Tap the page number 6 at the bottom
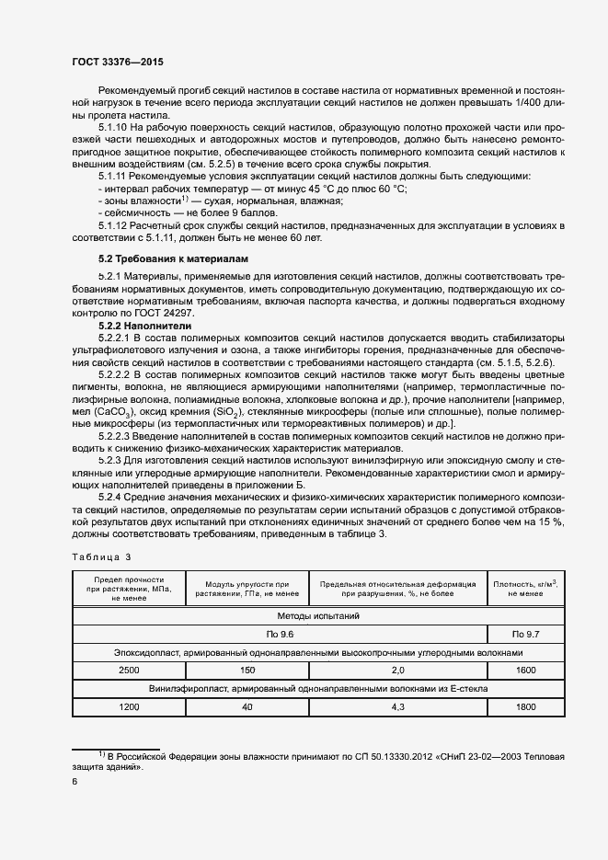[x=75, y=780]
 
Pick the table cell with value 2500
[x=129, y=671]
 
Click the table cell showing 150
[x=247, y=671]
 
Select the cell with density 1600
[x=525, y=671]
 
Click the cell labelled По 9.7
[x=525, y=635]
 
